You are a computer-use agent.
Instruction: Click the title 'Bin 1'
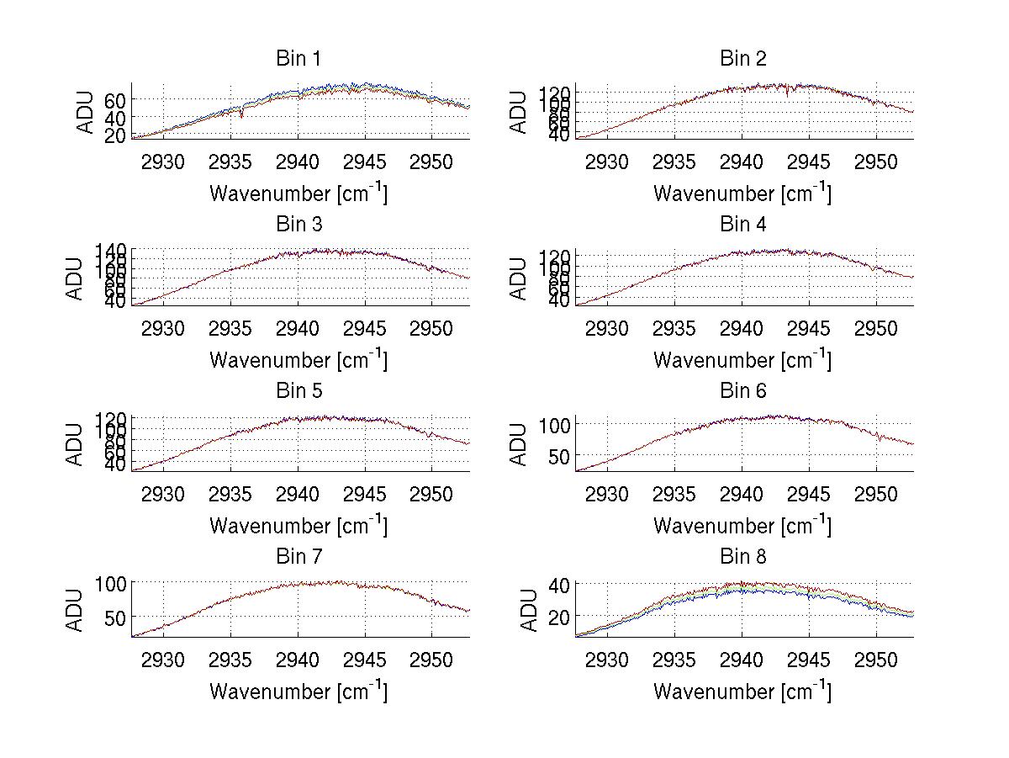coord(298,59)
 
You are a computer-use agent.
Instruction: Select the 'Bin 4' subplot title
coord(742,225)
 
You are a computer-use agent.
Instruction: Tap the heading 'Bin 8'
coord(742,557)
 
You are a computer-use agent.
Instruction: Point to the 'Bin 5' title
coord(298,391)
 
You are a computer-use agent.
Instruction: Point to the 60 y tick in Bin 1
coord(115,99)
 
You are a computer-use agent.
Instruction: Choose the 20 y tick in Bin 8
coord(559,617)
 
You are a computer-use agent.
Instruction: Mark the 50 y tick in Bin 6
coord(559,456)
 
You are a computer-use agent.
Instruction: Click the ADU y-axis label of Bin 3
coord(77,278)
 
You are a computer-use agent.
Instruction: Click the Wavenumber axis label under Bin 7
coord(298,691)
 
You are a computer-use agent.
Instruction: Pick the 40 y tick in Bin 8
coord(559,585)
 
